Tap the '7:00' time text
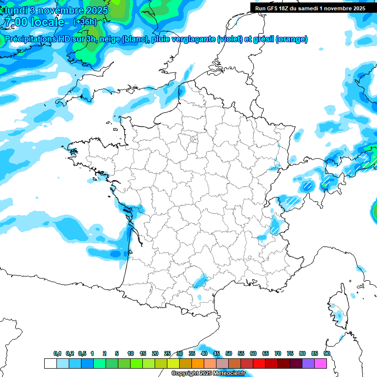click(x=15, y=22)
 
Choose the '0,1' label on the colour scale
click(x=57, y=354)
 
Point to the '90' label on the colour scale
click(x=326, y=354)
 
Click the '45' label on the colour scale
click(x=216, y=354)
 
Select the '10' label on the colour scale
click(x=131, y=354)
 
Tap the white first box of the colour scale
click(x=50, y=363)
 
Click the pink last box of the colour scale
click(x=321, y=363)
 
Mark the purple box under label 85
click(x=308, y=363)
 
